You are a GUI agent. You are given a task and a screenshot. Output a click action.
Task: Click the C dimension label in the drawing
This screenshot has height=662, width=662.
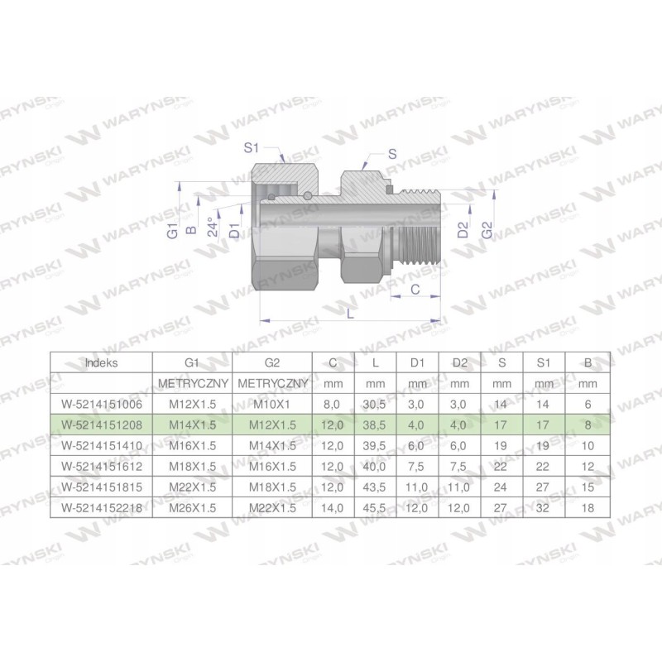(416, 289)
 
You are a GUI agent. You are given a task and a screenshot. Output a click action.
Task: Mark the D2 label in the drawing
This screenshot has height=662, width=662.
(464, 229)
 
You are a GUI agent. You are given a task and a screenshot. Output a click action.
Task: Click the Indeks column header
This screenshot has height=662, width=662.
(102, 362)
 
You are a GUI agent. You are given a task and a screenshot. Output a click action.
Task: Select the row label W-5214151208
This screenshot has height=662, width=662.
(102, 424)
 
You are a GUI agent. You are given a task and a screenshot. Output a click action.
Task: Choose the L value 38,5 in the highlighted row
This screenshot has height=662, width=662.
(376, 424)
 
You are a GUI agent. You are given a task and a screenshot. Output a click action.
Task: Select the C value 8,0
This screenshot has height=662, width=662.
(333, 403)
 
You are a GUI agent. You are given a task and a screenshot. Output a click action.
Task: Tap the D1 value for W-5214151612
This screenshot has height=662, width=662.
(418, 465)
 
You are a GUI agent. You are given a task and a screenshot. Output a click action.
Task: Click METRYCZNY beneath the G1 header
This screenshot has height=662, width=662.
(192, 383)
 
